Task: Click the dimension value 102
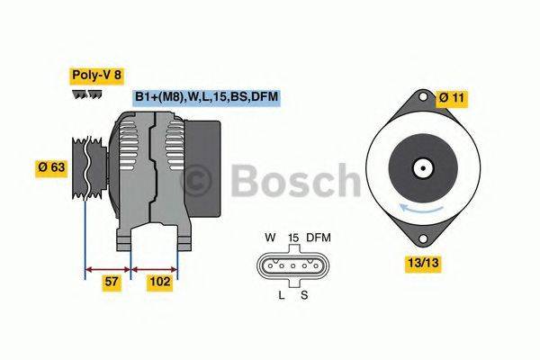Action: click(x=159, y=283)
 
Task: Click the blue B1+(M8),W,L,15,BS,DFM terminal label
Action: click(x=206, y=97)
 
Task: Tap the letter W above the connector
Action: click(x=269, y=238)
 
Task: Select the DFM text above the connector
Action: click(x=318, y=238)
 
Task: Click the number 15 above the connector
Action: click(x=292, y=238)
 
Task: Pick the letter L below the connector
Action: click(x=281, y=293)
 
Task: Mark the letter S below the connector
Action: click(x=304, y=293)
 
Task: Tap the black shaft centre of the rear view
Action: click(x=420, y=167)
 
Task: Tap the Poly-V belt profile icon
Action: click(x=86, y=94)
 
